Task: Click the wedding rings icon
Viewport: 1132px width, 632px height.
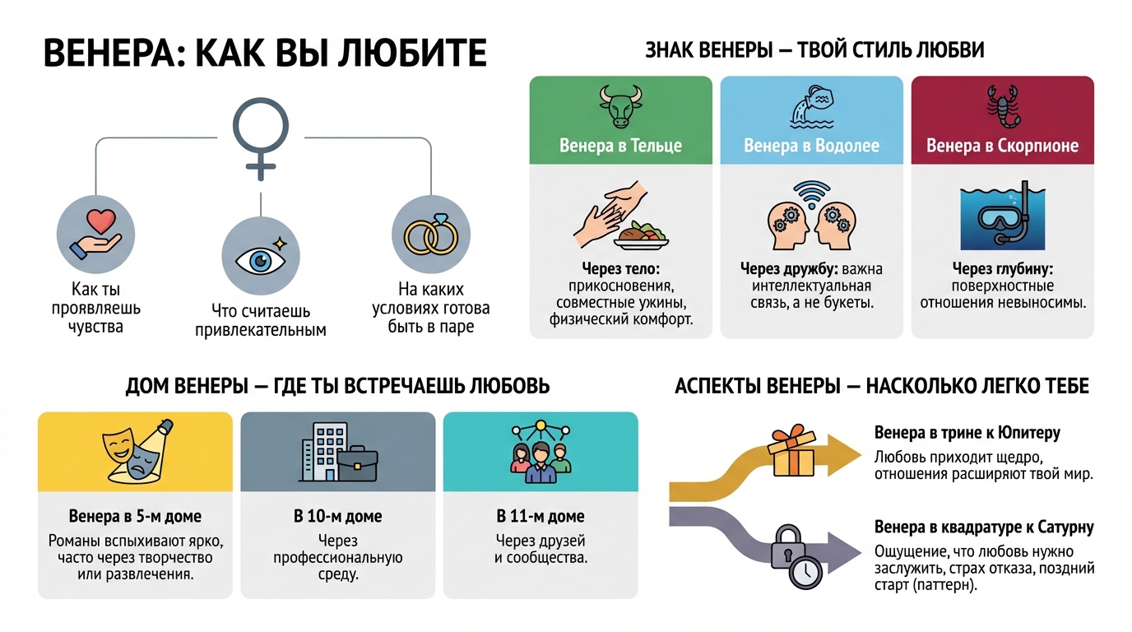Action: click(x=431, y=235)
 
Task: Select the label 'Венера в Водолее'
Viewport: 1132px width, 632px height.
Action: click(x=811, y=146)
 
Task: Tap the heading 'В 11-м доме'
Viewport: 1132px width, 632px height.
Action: click(x=540, y=517)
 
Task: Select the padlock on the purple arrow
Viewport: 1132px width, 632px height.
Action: click(x=786, y=546)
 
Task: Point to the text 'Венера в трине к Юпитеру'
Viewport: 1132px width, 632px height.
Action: click(x=967, y=433)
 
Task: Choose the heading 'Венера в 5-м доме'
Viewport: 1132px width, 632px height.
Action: click(x=135, y=517)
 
